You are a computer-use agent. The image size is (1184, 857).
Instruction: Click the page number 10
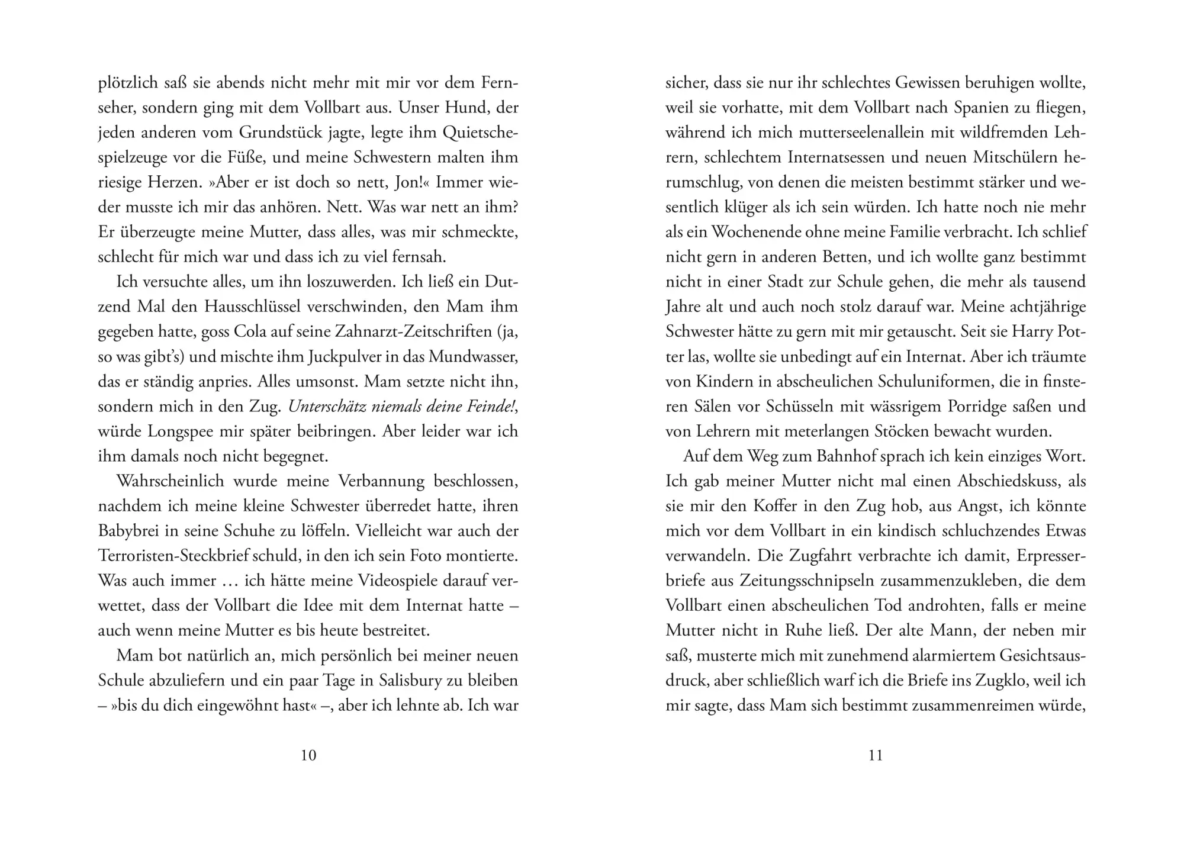[x=308, y=755]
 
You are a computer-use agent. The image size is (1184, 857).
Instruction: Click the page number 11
[x=875, y=755]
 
